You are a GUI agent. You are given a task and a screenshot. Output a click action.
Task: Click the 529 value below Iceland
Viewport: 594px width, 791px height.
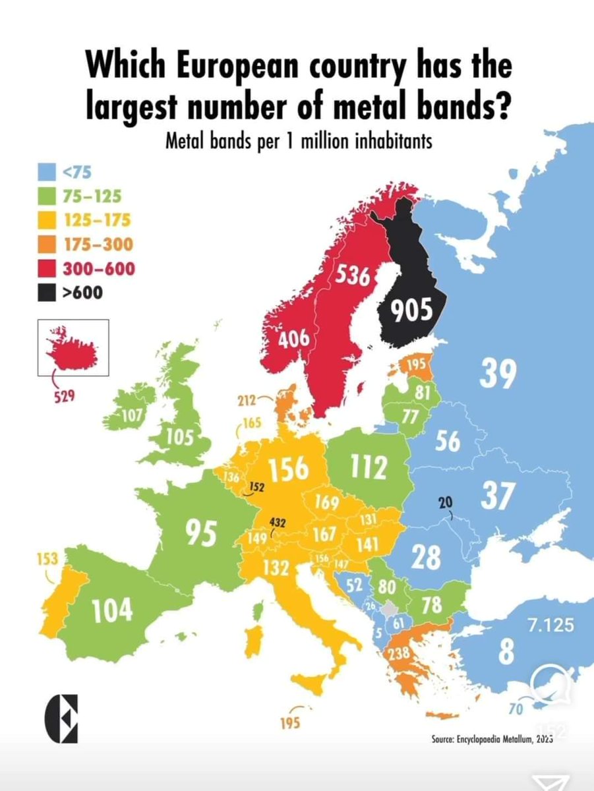(x=65, y=397)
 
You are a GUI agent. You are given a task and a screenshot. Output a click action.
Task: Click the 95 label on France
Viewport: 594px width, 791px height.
(x=200, y=533)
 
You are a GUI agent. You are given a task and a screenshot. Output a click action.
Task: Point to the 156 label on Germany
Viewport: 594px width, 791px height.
(x=287, y=468)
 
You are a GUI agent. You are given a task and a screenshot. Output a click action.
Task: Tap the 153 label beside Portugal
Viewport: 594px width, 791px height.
(x=45, y=560)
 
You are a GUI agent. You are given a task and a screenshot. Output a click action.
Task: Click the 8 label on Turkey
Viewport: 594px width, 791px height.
(x=505, y=656)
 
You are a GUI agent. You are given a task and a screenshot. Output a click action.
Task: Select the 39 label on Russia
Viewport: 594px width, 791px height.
(x=498, y=374)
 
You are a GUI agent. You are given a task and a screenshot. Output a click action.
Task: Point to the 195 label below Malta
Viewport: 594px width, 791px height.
(x=289, y=723)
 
